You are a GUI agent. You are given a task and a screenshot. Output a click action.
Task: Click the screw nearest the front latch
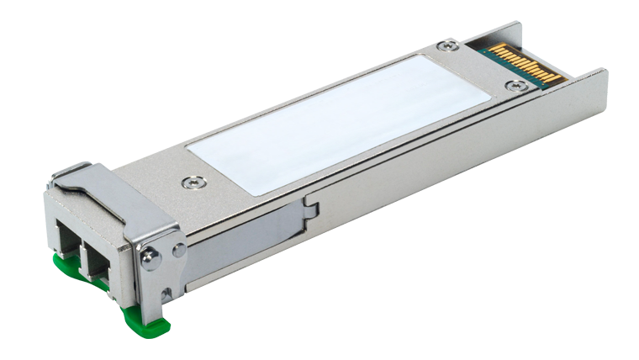[193, 180]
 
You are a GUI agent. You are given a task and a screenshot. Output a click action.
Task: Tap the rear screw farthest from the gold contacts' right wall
[452, 45]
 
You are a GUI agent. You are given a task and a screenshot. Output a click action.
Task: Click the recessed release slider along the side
[252, 227]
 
